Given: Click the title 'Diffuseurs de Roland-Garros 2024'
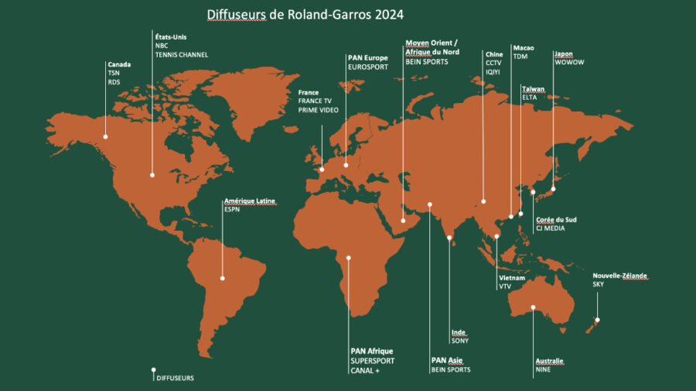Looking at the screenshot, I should pyautogui.click(x=305, y=15).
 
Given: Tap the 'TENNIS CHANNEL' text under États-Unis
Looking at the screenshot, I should pyautogui.click(x=183, y=55).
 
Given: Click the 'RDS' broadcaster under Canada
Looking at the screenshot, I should pyautogui.click(x=114, y=82).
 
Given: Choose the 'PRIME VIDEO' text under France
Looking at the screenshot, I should pyautogui.click(x=319, y=110).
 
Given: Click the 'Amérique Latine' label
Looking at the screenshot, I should pyautogui.click(x=249, y=201).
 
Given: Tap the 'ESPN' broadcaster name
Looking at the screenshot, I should pyautogui.click(x=232, y=210).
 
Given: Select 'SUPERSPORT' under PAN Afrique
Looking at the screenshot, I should pyautogui.click(x=372, y=361).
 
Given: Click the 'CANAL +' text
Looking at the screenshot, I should pyautogui.click(x=365, y=371).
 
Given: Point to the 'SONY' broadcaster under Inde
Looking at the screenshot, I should pyautogui.click(x=459, y=341).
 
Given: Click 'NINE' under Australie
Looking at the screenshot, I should pyautogui.click(x=544, y=370).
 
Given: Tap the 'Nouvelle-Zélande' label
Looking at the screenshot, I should pyautogui.click(x=619, y=276).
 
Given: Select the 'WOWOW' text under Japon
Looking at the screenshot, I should pyautogui.click(x=568, y=63).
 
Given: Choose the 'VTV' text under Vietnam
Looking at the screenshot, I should pyautogui.click(x=505, y=286).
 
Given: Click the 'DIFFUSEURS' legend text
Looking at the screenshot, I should pyautogui.click(x=175, y=378).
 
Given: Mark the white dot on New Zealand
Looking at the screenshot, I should pyautogui.click(x=598, y=320).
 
